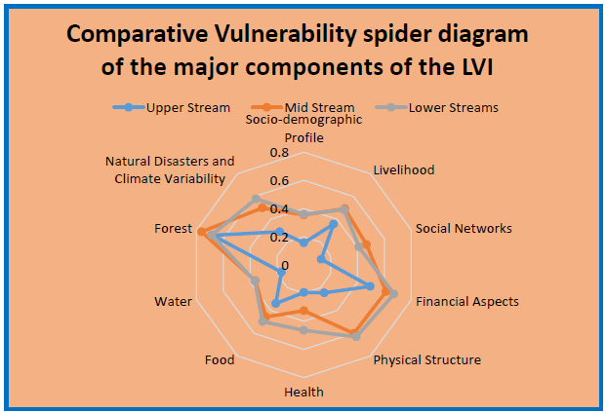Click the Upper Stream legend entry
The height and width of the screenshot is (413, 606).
171,107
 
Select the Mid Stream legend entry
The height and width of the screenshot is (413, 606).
303,107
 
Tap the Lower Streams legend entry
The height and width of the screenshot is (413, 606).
437,107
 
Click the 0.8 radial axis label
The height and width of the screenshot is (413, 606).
279,153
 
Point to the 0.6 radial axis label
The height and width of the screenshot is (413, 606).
279,181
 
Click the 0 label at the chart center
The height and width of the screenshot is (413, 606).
285,265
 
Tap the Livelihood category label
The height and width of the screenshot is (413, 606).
404,170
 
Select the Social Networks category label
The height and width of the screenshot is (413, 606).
464,228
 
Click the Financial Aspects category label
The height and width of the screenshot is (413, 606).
467,301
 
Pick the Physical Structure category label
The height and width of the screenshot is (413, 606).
427,359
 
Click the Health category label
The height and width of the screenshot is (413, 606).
304,393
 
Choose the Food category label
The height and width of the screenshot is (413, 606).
220,359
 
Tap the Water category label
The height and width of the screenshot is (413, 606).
173,301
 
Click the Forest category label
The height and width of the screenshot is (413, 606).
173,228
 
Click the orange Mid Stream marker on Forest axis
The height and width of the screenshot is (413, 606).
201,232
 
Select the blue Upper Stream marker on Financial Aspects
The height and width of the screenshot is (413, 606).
370,286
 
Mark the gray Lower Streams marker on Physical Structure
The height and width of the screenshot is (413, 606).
356,337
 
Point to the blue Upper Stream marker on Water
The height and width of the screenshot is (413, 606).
281,273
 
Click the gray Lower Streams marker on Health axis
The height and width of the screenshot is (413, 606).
304,330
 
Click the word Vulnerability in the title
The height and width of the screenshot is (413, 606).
286,35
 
